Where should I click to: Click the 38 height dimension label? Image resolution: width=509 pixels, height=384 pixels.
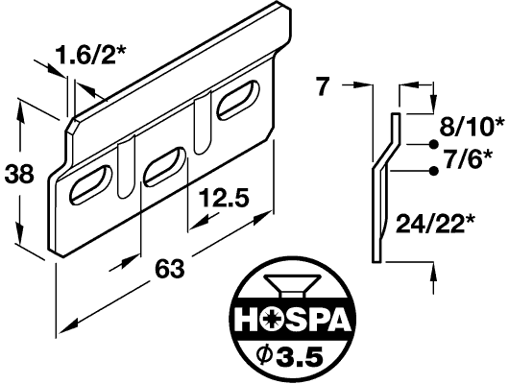click(19, 174)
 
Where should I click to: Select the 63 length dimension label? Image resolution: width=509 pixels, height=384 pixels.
click(169, 269)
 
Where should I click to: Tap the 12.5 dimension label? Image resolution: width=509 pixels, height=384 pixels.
click(224, 199)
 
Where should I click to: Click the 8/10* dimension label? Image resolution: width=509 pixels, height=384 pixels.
click(472, 127)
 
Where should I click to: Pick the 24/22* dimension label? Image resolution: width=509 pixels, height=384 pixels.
click(435, 224)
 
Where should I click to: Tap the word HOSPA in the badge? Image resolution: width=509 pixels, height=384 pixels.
click(292, 319)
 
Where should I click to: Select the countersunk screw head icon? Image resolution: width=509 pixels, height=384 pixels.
click(292, 285)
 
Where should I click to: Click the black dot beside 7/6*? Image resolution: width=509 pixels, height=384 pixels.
click(433, 171)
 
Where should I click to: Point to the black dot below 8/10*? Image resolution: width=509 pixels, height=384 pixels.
click(433, 144)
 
